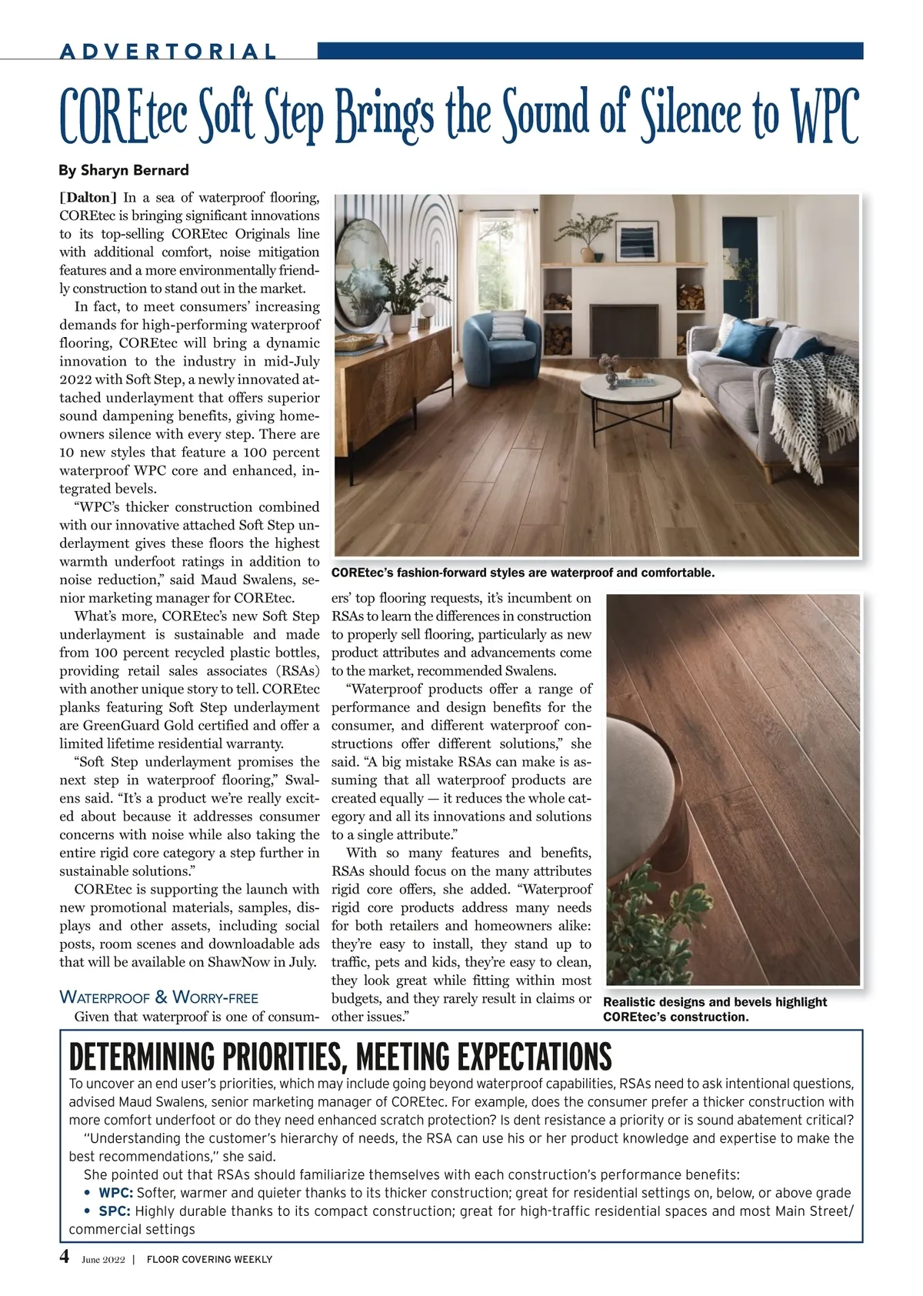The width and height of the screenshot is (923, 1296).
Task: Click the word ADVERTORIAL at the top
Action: click(168, 52)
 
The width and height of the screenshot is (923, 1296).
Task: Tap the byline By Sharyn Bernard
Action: click(124, 170)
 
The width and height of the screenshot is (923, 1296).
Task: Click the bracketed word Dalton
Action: click(88, 198)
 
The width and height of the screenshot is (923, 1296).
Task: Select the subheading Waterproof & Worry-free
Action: click(158, 997)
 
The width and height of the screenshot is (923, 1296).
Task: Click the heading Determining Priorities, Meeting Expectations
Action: click(340, 1057)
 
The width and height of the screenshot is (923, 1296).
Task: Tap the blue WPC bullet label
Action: click(116, 1193)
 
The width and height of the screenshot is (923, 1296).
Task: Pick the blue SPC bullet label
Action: click(115, 1211)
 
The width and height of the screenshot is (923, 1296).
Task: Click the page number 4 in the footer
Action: click(65, 1257)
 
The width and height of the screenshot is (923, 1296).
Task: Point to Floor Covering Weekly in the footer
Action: click(209, 1259)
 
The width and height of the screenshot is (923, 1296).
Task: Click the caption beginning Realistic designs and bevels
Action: click(715, 1009)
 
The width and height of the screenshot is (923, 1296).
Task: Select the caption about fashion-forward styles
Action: click(523, 573)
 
